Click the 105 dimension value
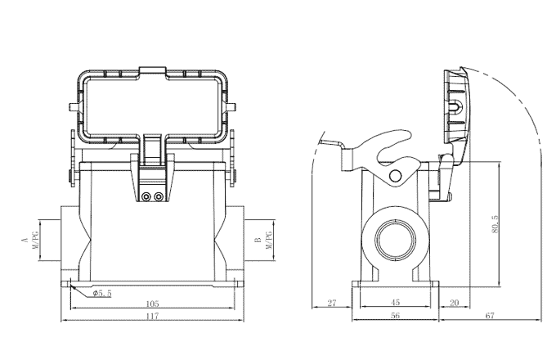[152, 303]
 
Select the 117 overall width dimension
[152, 319]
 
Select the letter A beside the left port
[24, 241]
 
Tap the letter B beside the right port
[257, 241]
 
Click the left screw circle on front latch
[146, 197]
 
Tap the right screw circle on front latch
[158, 197]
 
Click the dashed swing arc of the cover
[536, 131]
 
